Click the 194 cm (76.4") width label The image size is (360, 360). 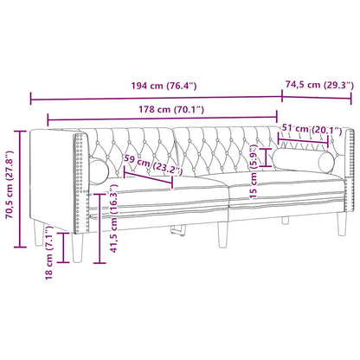[153, 87]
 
